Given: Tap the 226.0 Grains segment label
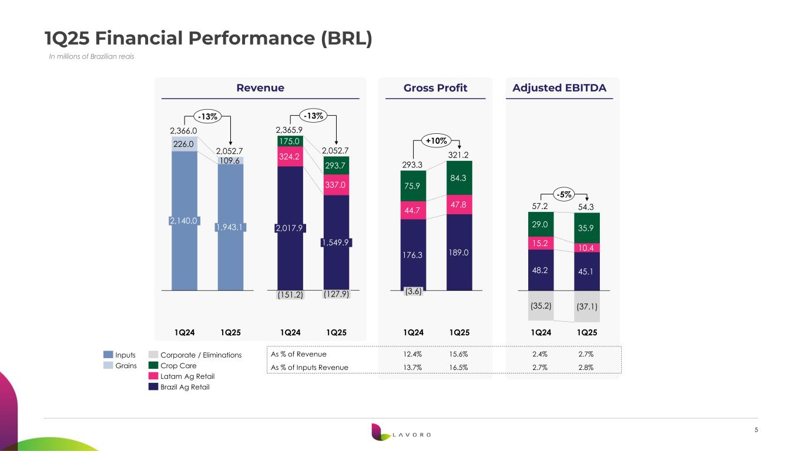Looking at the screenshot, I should [184, 143].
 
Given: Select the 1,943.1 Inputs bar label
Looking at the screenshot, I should [231, 227].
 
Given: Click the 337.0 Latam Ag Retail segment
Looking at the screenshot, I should [336, 185].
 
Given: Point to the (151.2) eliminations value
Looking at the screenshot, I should [290, 295].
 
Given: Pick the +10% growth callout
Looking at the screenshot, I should [435, 140].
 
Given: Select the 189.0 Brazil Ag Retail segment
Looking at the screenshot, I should [459, 253].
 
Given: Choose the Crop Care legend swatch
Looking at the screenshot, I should [153, 365].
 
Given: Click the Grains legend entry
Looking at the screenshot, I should [125, 365].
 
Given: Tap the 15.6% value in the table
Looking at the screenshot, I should [459, 354].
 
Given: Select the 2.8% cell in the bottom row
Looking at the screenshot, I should [586, 368].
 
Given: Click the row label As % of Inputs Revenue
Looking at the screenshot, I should [309, 368].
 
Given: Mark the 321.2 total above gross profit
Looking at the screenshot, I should [459, 154].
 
